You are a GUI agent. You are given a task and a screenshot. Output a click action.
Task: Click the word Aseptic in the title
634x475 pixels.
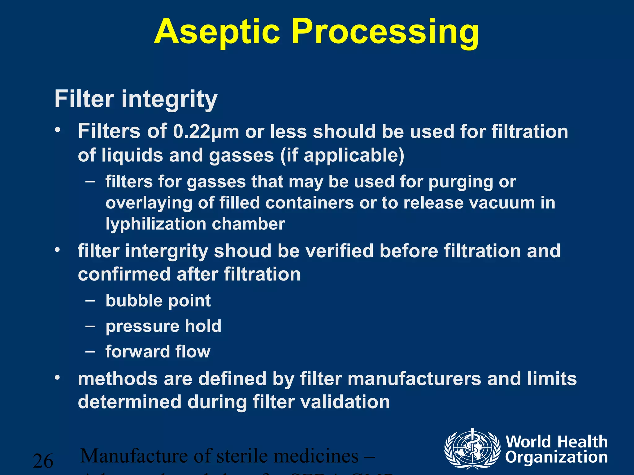217,32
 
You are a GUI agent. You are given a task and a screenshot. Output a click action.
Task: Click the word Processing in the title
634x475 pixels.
385,32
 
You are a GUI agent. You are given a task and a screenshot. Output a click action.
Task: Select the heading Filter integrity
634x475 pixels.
136,99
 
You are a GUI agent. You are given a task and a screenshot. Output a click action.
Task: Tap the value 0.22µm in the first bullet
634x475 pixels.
206,131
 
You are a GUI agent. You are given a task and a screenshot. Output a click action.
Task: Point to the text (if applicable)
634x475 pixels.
342,155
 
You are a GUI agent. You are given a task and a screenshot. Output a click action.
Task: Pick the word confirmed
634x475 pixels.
124,274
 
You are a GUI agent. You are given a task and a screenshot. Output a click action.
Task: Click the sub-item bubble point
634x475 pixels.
158,301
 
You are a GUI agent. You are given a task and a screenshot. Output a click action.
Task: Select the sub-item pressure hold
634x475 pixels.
163,326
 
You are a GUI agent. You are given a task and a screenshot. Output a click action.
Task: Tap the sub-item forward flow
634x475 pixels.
158,352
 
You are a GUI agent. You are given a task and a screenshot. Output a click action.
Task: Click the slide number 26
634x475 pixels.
43,461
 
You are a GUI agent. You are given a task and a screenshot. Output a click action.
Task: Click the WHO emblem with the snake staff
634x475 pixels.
472,448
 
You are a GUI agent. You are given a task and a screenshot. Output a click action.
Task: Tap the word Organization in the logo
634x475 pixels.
557,457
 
